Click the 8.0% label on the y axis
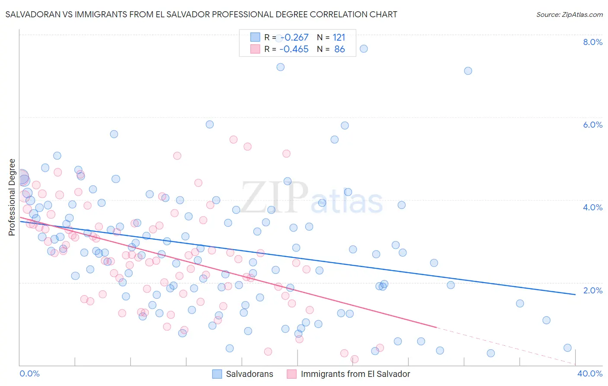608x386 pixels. point(592,42)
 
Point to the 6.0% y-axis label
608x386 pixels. point(592,125)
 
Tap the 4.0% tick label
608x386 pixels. point(592,207)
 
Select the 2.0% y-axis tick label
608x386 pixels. point(592,290)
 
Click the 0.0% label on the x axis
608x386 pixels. point(29,373)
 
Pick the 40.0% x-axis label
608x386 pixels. point(590,373)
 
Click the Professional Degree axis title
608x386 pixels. point(12,197)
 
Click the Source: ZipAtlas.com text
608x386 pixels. point(569,14)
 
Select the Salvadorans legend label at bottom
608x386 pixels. point(250,374)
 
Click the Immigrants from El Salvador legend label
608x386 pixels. point(355,374)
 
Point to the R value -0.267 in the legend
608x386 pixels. point(294,38)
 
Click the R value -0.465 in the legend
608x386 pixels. point(294,49)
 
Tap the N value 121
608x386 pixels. point(339,38)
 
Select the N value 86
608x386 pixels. point(339,49)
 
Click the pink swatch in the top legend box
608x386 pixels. point(255,49)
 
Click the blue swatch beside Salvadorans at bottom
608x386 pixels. point(217,374)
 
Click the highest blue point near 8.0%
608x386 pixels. point(364,48)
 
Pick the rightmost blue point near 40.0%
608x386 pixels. point(567,348)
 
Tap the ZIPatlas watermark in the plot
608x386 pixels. point(311,198)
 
